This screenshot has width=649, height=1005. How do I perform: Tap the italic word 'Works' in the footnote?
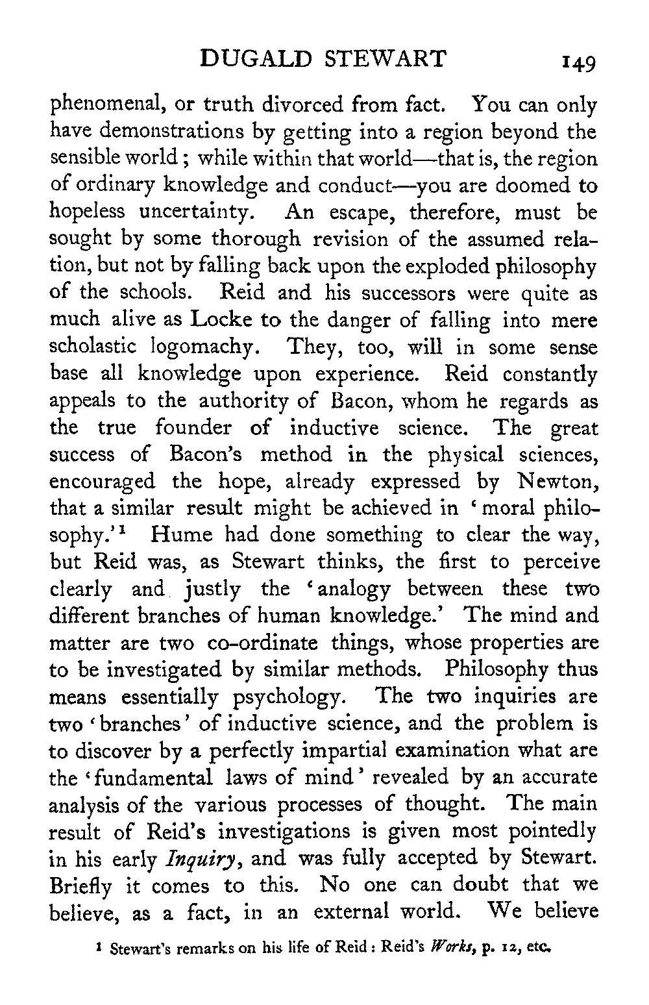(x=447, y=948)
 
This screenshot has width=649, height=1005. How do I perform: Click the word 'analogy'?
(x=349, y=589)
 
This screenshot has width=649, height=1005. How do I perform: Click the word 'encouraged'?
(x=103, y=482)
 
